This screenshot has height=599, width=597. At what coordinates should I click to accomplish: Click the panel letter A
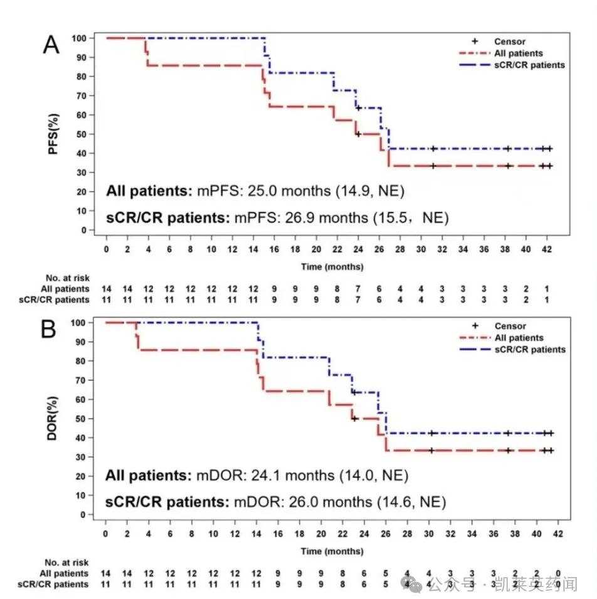(52, 46)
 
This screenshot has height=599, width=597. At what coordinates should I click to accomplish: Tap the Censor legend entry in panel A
(508, 42)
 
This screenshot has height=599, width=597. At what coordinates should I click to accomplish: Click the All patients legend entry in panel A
(519, 53)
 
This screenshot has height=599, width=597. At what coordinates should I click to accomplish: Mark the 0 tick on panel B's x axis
(105, 534)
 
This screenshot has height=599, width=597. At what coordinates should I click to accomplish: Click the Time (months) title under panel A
(332, 267)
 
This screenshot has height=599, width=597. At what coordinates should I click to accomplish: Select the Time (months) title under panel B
(332, 551)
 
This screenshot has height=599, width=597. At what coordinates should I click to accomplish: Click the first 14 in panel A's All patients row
(107, 289)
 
